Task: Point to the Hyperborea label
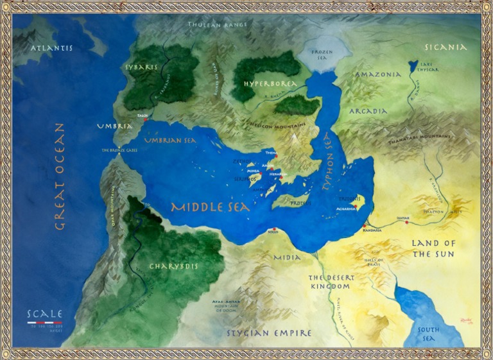[x=270, y=84]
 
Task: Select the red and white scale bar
[x=44, y=322]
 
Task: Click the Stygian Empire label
[x=269, y=333]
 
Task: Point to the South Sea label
[x=428, y=334]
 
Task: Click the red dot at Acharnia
[x=357, y=207]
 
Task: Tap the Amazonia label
[x=379, y=74]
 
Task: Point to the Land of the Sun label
[x=433, y=248]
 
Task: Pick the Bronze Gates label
[x=119, y=150]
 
